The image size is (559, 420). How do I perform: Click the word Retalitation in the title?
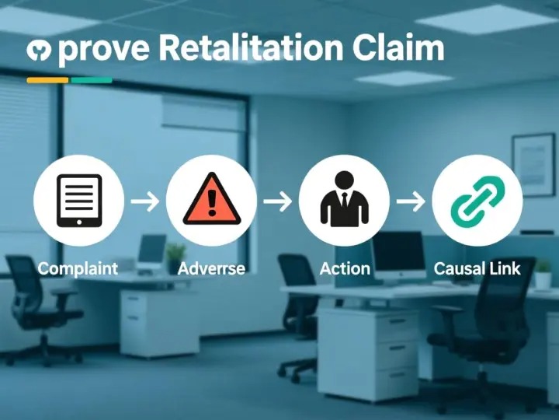click(x=250, y=48)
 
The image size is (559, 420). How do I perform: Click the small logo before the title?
click(x=38, y=51)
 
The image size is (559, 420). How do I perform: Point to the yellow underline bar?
click(x=47, y=79)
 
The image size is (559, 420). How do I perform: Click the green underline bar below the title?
click(x=91, y=79)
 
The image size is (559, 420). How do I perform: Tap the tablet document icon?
click(x=79, y=200)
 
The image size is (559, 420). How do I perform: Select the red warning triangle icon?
click(x=211, y=200)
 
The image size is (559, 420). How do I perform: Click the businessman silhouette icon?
click(x=344, y=200)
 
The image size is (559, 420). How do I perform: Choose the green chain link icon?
click(x=477, y=200)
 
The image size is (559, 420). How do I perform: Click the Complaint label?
click(x=78, y=269)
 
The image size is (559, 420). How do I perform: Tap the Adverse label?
click(x=211, y=269)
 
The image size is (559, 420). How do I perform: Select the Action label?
click(x=345, y=269)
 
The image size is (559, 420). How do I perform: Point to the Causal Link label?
click(x=477, y=269)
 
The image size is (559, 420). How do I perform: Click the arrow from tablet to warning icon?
click(x=145, y=201)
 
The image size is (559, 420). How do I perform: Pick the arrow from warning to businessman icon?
click(x=278, y=201)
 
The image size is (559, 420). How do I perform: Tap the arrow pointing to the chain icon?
click(x=411, y=201)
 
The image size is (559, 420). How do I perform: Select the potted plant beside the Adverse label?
click(x=175, y=254)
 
